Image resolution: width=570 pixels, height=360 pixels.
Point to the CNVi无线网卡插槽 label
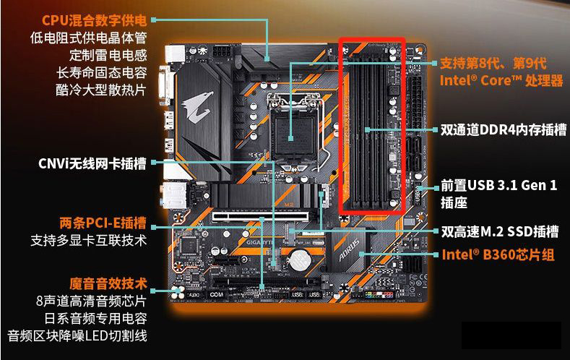92,164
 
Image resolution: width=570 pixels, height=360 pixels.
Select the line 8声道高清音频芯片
91,300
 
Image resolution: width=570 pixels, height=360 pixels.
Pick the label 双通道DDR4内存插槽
504,130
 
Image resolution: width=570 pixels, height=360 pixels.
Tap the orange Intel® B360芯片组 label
498,254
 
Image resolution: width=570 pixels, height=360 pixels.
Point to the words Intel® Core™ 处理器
501,81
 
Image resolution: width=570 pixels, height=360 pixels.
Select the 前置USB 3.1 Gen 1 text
498,186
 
